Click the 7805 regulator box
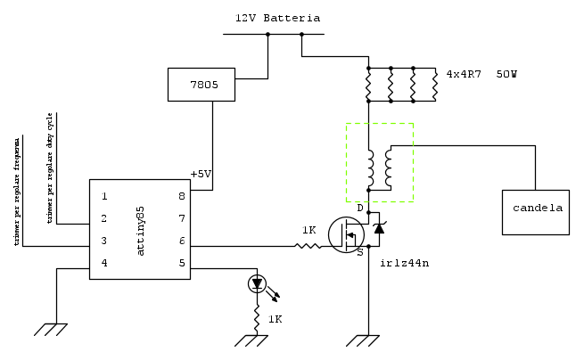(201, 85)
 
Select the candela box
(535, 212)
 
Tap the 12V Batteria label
(277, 18)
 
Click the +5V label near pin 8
(201, 174)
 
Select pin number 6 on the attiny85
(181, 241)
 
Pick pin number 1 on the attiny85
(104, 196)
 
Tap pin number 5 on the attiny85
(181, 263)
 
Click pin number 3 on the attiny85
(104, 241)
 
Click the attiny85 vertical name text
(141, 230)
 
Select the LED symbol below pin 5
(258, 284)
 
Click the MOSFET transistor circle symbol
(346, 235)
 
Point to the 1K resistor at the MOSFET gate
(308, 244)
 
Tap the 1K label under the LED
(276, 319)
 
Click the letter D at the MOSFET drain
(360, 208)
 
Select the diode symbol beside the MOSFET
(379, 228)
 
